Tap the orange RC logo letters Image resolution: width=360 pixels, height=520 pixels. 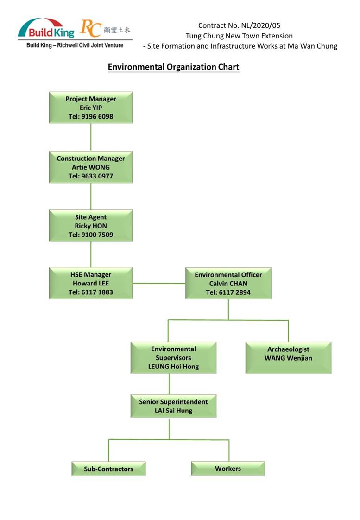[x=90, y=28]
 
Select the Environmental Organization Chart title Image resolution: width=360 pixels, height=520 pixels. [x=173, y=67]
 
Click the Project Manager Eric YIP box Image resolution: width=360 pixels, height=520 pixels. [x=91, y=108]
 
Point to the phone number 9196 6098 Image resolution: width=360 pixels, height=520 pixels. [x=97, y=116]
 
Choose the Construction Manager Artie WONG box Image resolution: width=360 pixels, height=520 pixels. [x=91, y=167]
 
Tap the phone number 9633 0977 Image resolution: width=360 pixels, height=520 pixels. [x=97, y=176]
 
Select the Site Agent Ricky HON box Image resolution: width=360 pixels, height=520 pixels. [x=91, y=226]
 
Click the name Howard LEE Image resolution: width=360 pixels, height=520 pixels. [x=91, y=284]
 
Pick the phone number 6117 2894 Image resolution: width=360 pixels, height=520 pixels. [x=235, y=292]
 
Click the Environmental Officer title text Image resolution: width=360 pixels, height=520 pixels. [x=228, y=275]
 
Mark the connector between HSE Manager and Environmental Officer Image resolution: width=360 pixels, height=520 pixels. [x=159, y=284]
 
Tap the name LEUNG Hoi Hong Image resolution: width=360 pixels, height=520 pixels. [x=173, y=367]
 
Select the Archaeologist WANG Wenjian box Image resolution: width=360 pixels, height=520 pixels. [x=288, y=358]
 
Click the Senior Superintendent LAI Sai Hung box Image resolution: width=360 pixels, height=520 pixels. [x=173, y=406]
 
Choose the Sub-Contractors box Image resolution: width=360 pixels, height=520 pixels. [x=108, y=469]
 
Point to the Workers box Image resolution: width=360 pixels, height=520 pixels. [x=228, y=468]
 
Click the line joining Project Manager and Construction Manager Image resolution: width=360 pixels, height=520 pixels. [x=91, y=137]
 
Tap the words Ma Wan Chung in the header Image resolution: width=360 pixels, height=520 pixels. [x=312, y=46]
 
